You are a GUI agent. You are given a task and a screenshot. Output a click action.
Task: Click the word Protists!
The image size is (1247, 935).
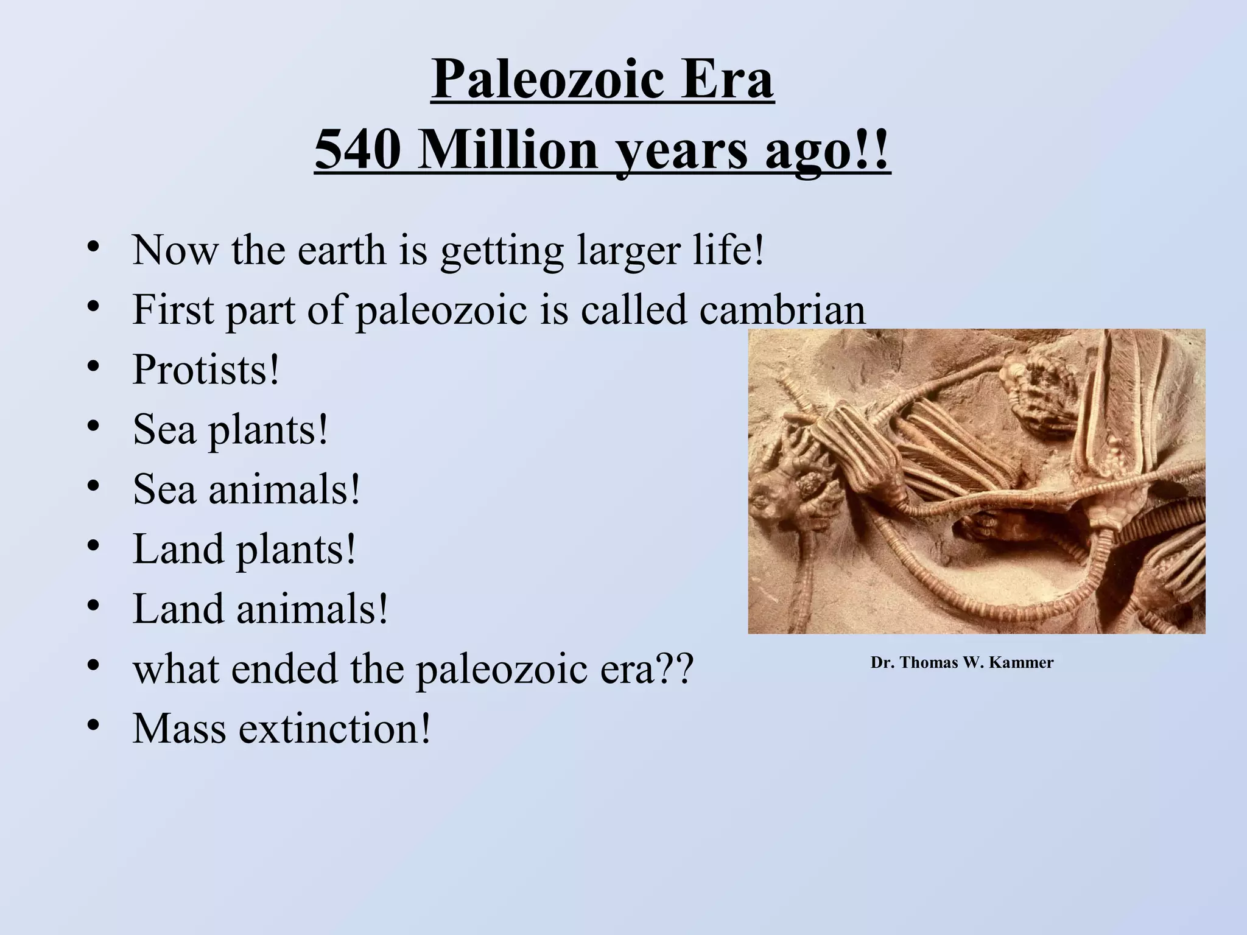[206, 369]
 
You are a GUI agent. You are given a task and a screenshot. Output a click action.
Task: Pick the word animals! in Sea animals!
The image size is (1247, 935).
[284, 489]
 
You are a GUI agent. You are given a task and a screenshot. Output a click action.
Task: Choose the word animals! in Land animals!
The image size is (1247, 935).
[312, 609]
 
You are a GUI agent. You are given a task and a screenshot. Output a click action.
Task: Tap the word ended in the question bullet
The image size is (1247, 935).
[286, 668]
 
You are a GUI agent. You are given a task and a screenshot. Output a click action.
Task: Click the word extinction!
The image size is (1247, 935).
[334, 728]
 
